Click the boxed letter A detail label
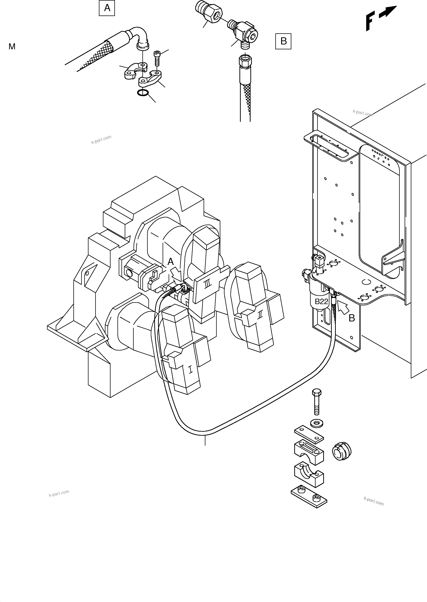pyautogui.click(x=107, y=8)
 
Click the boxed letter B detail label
pyautogui.click(x=283, y=41)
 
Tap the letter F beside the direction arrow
pyautogui.click(x=370, y=22)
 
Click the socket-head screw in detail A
pyautogui.click(x=157, y=58)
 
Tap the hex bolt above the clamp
pyautogui.click(x=316, y=404)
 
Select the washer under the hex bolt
pyautogui.click(x=317, y=423)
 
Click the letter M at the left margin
pyautogui.click(x=12, y=47)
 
